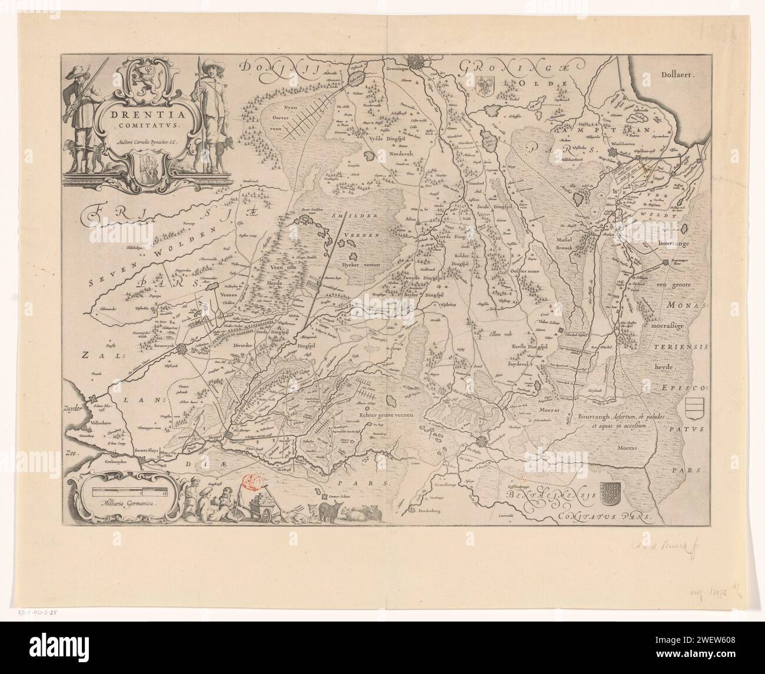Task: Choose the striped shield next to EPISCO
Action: point(696,407)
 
